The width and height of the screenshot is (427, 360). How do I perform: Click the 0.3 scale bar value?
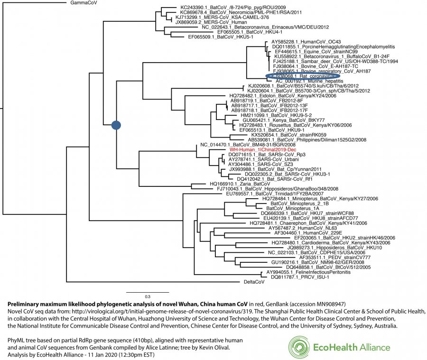point(148,296)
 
